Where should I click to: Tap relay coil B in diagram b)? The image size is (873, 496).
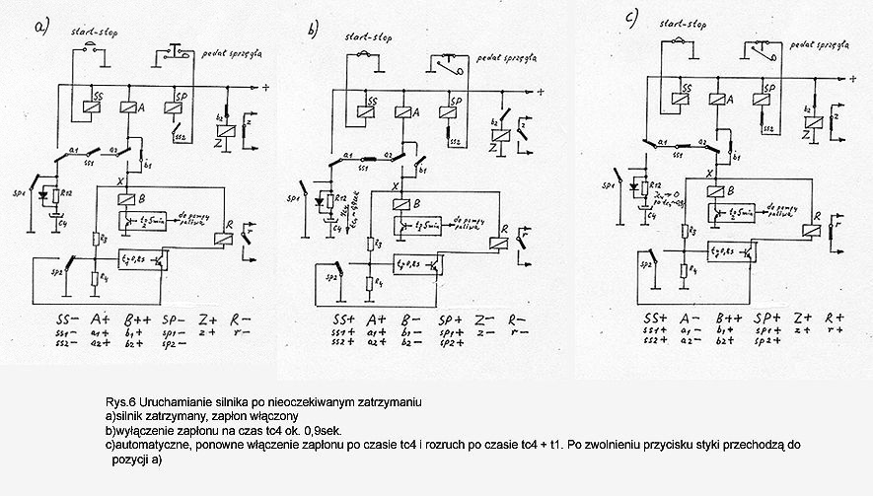click(x=400, y=205)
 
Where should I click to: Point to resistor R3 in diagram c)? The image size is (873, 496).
click(x=683, y=230)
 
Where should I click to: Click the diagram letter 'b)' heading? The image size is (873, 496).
click(x=316, y=32)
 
